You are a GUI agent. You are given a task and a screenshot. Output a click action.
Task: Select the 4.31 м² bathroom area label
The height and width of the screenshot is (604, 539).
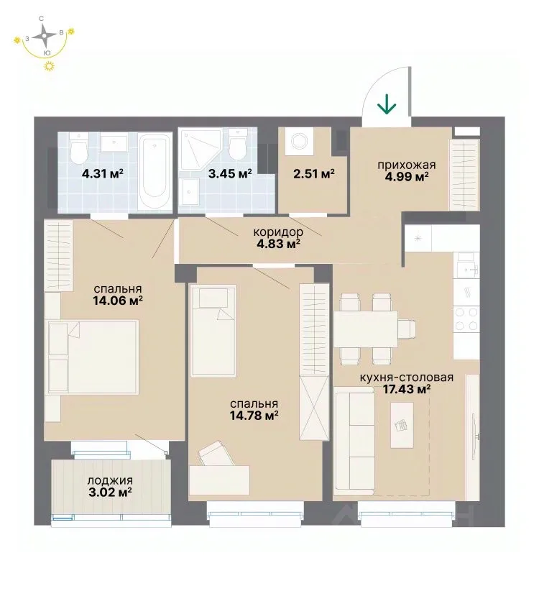tap(102, 173)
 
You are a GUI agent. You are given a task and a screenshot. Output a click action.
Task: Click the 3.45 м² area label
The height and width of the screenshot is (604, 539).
tap(230, 173)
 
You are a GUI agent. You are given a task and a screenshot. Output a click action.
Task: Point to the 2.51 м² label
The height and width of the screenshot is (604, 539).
tap(314, 174)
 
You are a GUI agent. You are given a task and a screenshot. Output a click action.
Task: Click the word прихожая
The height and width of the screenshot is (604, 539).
tap(407, 165)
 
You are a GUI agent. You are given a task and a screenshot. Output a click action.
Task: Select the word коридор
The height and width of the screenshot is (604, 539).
tap(278, 232)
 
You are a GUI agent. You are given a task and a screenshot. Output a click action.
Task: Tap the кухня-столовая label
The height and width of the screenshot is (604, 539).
tap(407, 377)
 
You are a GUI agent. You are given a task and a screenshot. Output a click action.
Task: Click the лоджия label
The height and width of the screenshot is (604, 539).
tap(110, 481)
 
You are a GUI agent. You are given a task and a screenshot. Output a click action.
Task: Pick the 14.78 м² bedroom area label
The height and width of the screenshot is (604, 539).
tap(254, 416)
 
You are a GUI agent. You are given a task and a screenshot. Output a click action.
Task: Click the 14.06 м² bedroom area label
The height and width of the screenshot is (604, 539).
tap(118, 300)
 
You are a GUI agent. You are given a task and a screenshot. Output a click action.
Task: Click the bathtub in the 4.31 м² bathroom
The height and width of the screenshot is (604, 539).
tap(155, 171)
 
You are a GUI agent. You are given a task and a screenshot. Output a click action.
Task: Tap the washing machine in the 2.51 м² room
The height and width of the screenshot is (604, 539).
tap(299, 141)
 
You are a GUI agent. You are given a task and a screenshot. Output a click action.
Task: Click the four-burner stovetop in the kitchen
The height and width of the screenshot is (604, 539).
tap(466, 319)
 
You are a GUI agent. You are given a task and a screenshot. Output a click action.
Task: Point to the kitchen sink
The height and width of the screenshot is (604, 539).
tap(468, 265)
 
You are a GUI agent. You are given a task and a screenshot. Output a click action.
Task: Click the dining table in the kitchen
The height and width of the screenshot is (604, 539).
tap(366, 329)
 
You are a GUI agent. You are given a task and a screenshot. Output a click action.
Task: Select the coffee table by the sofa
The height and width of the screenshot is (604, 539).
tap(402, 425)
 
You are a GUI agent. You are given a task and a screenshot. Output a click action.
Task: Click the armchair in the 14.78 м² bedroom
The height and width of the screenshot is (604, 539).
tap(216, 455)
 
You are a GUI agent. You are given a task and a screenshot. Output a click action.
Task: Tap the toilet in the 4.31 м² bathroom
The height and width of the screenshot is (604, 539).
tap(79, 148)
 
